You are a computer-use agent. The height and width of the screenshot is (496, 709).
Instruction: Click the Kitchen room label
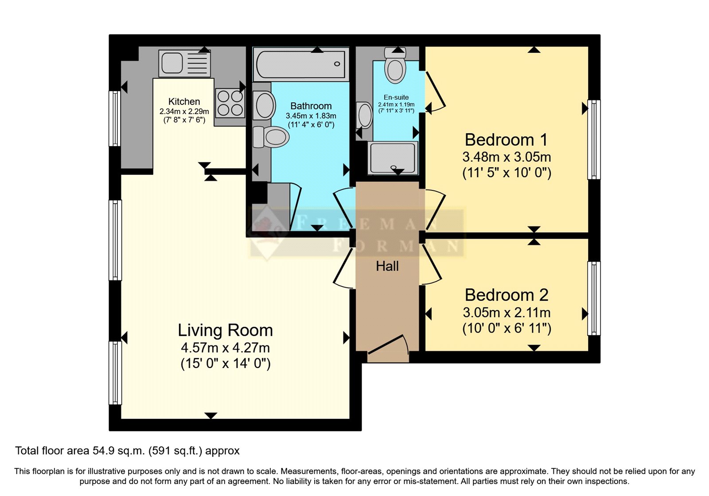184,101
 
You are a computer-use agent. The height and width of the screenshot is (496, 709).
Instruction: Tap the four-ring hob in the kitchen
230,103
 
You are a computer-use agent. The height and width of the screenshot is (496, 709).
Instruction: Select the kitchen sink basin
172,63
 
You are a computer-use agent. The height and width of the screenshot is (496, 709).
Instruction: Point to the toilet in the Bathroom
271,137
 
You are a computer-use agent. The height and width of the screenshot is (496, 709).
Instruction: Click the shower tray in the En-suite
393,158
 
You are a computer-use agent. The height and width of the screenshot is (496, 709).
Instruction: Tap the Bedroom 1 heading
506,140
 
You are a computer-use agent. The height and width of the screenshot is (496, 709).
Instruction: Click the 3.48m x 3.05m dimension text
506,157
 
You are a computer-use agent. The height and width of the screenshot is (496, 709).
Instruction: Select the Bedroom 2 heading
506,295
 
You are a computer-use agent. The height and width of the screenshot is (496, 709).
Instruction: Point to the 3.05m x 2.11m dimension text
506,313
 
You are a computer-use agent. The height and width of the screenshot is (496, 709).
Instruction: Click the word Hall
387,266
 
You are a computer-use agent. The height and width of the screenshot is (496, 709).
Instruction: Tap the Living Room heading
225,330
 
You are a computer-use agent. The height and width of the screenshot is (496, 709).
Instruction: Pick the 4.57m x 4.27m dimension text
225,348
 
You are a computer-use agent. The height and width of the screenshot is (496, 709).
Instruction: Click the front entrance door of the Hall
388,348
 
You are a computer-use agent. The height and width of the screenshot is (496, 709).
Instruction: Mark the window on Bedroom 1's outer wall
594,139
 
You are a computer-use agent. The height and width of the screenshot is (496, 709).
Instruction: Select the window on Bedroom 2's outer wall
594,298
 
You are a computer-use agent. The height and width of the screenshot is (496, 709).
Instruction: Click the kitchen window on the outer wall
115,119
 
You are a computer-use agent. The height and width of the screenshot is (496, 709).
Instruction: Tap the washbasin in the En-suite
365,115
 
